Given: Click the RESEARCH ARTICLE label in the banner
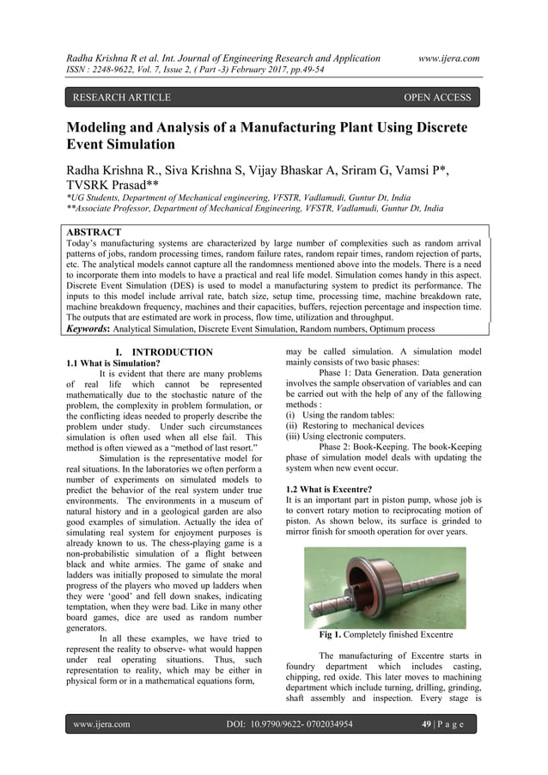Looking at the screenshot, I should point(121,98).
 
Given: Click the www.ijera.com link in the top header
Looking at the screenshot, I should point(448,58).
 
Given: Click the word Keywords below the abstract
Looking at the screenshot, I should point(93,328).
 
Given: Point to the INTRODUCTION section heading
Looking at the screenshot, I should point(165,352).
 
